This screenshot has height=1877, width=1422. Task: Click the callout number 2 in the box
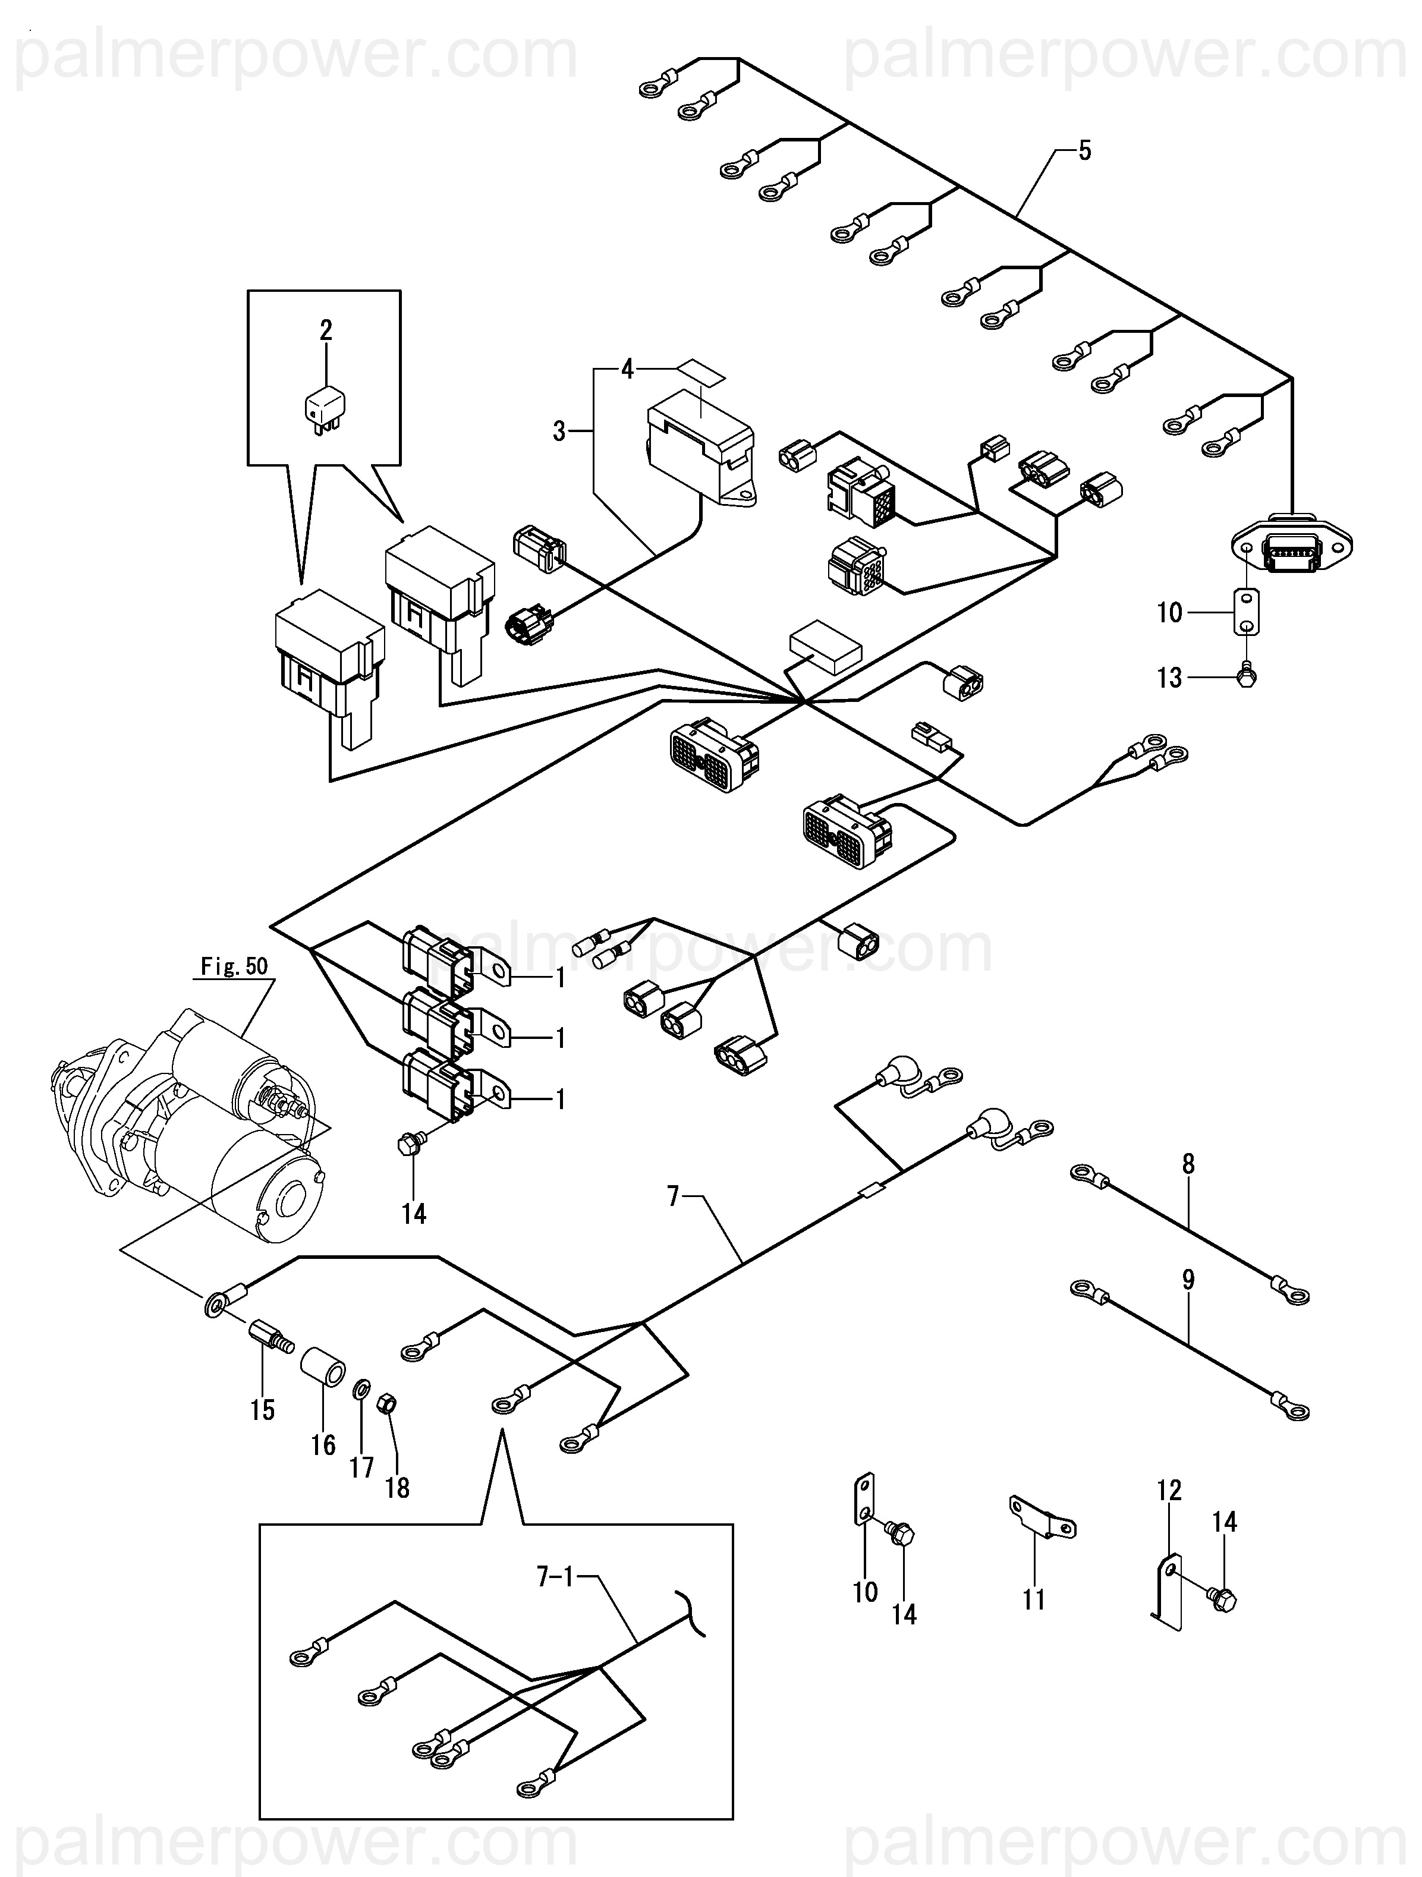[x=326, y=330]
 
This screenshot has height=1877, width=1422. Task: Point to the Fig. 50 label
[x=234, y=966]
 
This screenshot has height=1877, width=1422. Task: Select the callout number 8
[x=1188, y=1164]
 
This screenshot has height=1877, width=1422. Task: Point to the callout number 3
[x=559, y=432]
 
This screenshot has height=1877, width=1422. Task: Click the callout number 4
[x=627, y=370]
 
